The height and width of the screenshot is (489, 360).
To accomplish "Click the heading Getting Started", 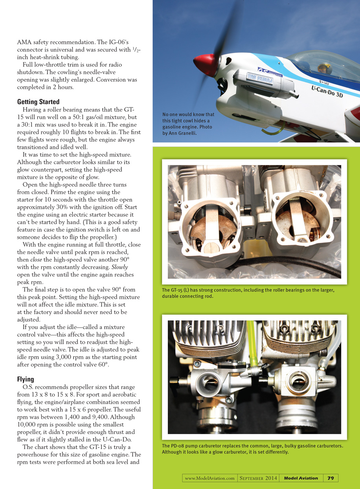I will [39, 102].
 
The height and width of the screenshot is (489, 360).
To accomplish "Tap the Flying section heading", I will [26, 379].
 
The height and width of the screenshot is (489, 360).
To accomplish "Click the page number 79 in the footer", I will [331, 478].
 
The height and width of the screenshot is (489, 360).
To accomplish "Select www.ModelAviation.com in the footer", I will [210, 478].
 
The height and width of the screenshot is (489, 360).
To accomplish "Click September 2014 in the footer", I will [258, 478].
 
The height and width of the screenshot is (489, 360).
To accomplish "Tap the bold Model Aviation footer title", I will [301, 478].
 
